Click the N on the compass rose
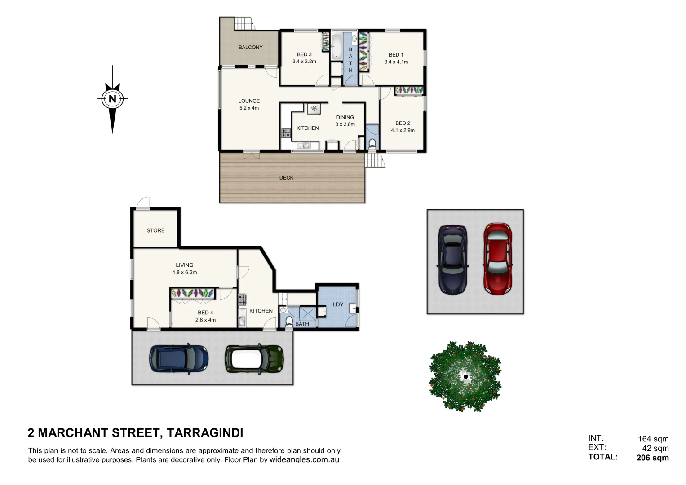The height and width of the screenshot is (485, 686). [x=112, y=99]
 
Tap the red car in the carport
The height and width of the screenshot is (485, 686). [x=498, y=259]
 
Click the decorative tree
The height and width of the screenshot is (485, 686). [x=465, y=376]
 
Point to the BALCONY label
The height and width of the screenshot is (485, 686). [x=250, y=47]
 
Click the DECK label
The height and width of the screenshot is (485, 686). [x=286, y=178]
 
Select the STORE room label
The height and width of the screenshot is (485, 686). [x=155, y=230]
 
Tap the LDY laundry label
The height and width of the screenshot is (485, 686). [x=338, y=304]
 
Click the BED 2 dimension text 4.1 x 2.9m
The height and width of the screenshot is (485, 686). [x=403, y=130]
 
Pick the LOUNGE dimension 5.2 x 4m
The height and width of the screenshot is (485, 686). [x=249, y=108]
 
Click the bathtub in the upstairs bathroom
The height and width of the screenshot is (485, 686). [x=336, y=46]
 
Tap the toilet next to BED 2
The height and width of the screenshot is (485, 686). [x=372, y=143]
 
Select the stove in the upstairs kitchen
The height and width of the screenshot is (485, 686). [x=286, y=133]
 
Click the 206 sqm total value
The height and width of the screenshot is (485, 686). [x=652, y=458]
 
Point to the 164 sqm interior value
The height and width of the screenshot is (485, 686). [x=653, y=439]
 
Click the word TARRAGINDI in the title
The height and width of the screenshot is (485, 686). [x=205, y=433]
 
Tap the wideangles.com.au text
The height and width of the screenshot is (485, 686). [x=304, y=460]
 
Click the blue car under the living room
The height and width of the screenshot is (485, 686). [x=179, y=358]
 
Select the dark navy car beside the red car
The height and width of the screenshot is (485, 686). [x=452, y=260]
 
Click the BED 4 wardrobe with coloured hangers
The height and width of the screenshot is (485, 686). [x=192, y=293]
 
